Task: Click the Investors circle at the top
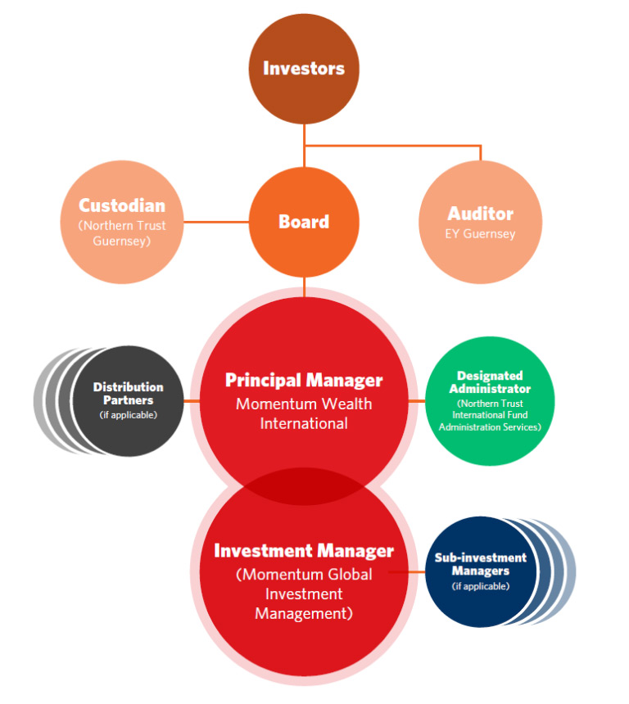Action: (x=304, y=68)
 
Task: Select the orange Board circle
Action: (x=304, y=222)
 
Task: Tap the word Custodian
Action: (x=121, y=205)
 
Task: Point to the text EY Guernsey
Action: (x=480, y=233)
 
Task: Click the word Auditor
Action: (x=480, y=214)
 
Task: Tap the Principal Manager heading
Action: (x=304, y=380)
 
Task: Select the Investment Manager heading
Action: (x=304, y=551)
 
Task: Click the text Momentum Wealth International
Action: (x=304, y=413)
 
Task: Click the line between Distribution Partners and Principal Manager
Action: (x=191, y=401)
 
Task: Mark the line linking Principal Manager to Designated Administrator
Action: (x=417, y=401)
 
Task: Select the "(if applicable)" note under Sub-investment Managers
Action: (x=480, y=586)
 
